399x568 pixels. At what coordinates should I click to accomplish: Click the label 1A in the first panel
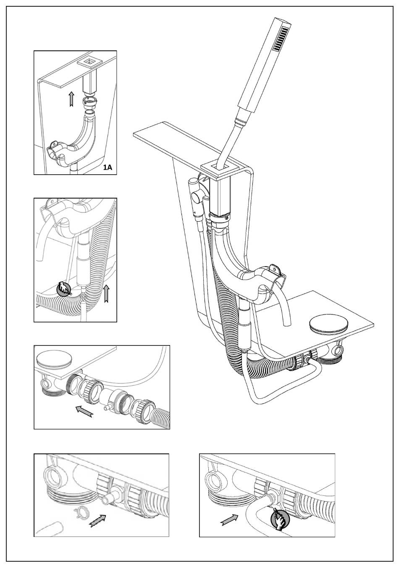108,168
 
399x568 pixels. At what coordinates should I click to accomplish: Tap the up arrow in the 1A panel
71,99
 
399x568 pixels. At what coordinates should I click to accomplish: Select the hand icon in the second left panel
64,289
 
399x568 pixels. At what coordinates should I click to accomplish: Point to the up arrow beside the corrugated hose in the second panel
107,293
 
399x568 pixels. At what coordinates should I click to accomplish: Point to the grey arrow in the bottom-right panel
229,519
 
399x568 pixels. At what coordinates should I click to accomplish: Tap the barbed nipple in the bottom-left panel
106,499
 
